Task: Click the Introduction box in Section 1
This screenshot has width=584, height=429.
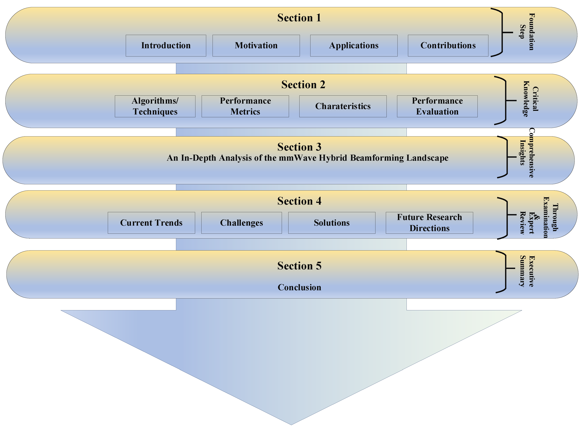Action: [x=166, y=45]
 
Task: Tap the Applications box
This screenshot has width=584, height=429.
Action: [x=354, y=45]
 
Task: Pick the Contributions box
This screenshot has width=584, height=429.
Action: [x=448, y=45]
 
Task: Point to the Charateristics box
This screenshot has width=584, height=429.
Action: [x=343, y=106]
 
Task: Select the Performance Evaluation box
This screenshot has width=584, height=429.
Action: [x=437, y=106]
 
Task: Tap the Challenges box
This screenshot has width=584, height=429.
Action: [x=241, y=223]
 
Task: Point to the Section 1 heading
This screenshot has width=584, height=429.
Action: [x=299, y=18]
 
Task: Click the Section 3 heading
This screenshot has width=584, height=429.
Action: [x=299, y=147]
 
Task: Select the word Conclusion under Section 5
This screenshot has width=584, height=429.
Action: [x=299, y=287]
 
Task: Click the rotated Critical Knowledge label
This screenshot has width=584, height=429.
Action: [x=530, y=99]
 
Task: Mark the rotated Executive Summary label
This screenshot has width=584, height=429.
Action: [x=527, y=271]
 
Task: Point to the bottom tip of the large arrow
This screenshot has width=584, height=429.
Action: [x=291, y=424]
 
